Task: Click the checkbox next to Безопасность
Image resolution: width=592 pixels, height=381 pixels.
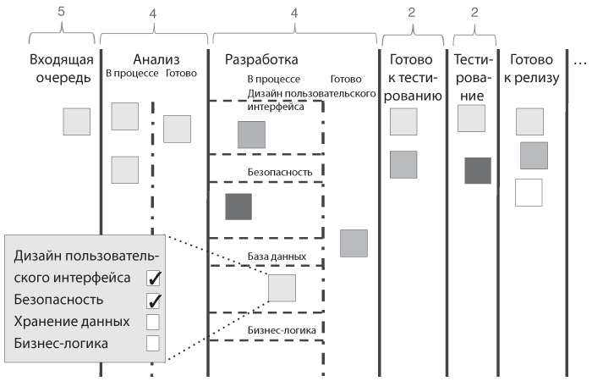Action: pyautogui.click(x=154, y=300)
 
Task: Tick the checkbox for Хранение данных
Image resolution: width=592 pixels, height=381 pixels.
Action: pyautogui.click(x=154, y=322)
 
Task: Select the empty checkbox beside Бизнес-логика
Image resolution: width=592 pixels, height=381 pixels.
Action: pyautogui.click(x=154, y=343)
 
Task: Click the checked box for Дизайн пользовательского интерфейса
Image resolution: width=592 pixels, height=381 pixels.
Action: pyautogui.click(x=154, y=278)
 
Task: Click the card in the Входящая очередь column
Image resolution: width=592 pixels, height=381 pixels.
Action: pyautogui.click(x=76, y=122)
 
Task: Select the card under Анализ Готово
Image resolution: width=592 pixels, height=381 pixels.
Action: pyautogui.click(x=177, y=129)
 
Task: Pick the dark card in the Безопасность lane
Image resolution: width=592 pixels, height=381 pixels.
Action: pyautogui.click(x=238, y=207)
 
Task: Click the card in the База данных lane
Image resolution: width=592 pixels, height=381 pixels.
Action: pyautogui.click(x=282, y=289)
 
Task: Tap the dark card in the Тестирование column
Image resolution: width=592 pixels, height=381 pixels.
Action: pyautogui.click(x=478, y=170)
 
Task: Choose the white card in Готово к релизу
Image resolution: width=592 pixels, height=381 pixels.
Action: pyautogui.click(x=528, y=192)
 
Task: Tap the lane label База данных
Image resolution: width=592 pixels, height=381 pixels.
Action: pyautogui.click(x=277, y=256)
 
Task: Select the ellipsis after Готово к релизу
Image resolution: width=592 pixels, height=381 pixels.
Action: pyautogui.click(x=581, y=61)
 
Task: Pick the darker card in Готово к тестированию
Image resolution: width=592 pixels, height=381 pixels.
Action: pyautogui.click(x=403, y=164)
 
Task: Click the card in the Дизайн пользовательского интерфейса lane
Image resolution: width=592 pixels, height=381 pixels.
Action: pyautogui.click(x=252, y=135)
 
